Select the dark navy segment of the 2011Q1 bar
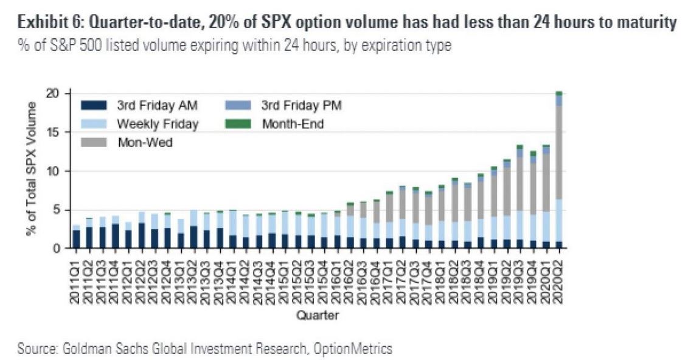(76, 239)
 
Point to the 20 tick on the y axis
(54, 94)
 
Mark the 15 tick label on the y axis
(54, 132)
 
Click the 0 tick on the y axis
(57, 248)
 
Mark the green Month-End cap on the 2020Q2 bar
(558, 93)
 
